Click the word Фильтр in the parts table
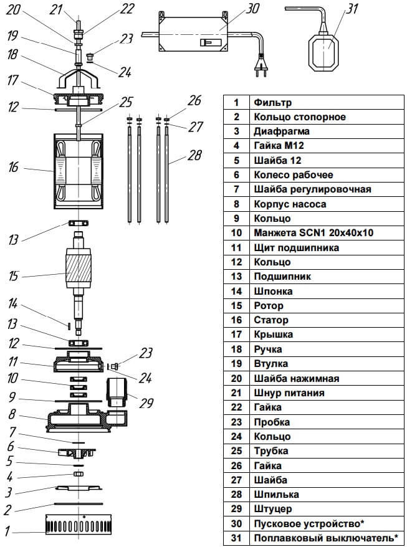click(272, 102)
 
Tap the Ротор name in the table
click(268, 306)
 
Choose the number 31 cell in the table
click(236, 538)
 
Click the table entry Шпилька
click(275, 494)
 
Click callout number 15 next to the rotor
click(13, 275)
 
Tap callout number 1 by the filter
click(8, 532)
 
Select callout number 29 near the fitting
click(146, 403)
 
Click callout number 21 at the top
click(57, 9)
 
